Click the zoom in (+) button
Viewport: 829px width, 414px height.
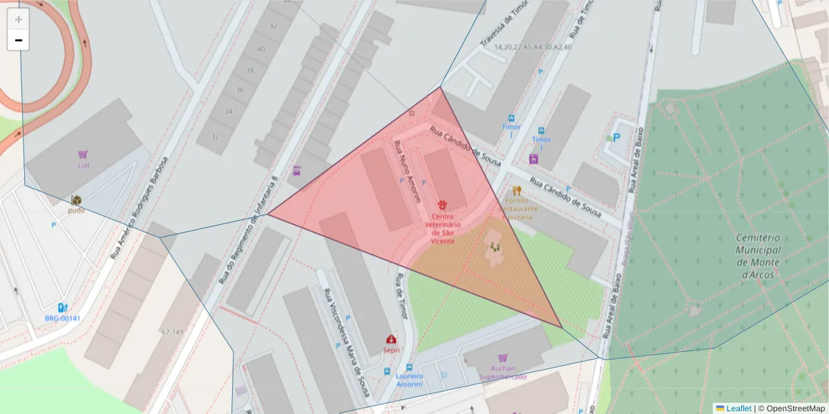pos(19,19)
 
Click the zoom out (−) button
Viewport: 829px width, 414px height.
pos(19,40)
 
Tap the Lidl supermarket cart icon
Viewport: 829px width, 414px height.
pos(83,155)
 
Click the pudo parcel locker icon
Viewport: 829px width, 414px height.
pos(76,200)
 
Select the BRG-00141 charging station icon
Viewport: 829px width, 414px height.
pos(63,308)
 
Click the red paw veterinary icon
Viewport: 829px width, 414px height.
pos(442,205)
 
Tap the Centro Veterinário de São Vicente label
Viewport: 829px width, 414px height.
pos(442,228)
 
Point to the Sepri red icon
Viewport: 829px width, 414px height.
pos(392,339)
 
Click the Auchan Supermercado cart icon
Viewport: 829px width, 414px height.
pos(502,359)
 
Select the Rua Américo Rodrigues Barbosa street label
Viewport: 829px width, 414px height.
pos(138,208)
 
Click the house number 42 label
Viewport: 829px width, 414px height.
pos(273,26)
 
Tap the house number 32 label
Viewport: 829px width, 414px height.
pos(215,136)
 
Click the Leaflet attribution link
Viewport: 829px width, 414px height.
pos(738,408)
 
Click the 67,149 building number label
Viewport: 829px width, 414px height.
pos(173,332)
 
